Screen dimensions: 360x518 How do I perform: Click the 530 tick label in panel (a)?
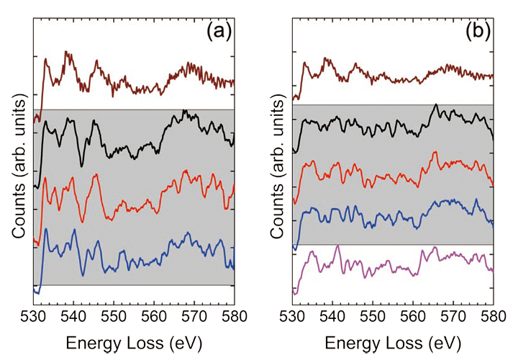click(34, 316)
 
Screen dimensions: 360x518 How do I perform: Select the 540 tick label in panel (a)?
click(73, 316)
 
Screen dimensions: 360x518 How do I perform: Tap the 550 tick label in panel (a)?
click(114, 316)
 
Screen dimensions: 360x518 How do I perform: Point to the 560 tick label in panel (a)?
click(154, 316)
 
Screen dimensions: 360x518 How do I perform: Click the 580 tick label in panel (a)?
click(232, 316)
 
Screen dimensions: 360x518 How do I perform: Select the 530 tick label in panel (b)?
click(293, 316)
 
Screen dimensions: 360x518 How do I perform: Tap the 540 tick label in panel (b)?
click(332, 316)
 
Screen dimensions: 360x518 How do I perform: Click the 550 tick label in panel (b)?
click(373, 316)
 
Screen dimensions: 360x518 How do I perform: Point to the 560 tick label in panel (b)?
click(413, 316)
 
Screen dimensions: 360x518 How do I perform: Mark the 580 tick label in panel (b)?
click(491, 316)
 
